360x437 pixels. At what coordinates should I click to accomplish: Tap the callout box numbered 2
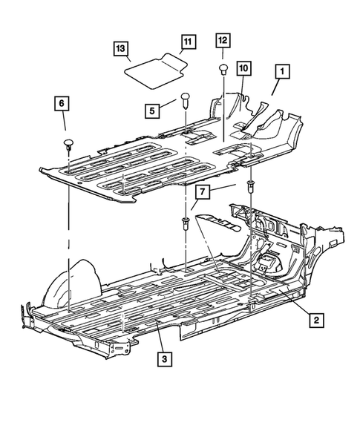click(316, 320)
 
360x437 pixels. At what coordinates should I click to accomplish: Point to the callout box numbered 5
click(152, 111)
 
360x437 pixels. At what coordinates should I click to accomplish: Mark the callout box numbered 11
click(188, 42)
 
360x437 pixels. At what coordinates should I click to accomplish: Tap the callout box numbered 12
click(223, 40)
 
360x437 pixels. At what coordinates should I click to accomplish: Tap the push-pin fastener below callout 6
click(70, 142)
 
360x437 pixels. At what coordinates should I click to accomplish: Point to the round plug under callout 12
click(223, 69)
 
